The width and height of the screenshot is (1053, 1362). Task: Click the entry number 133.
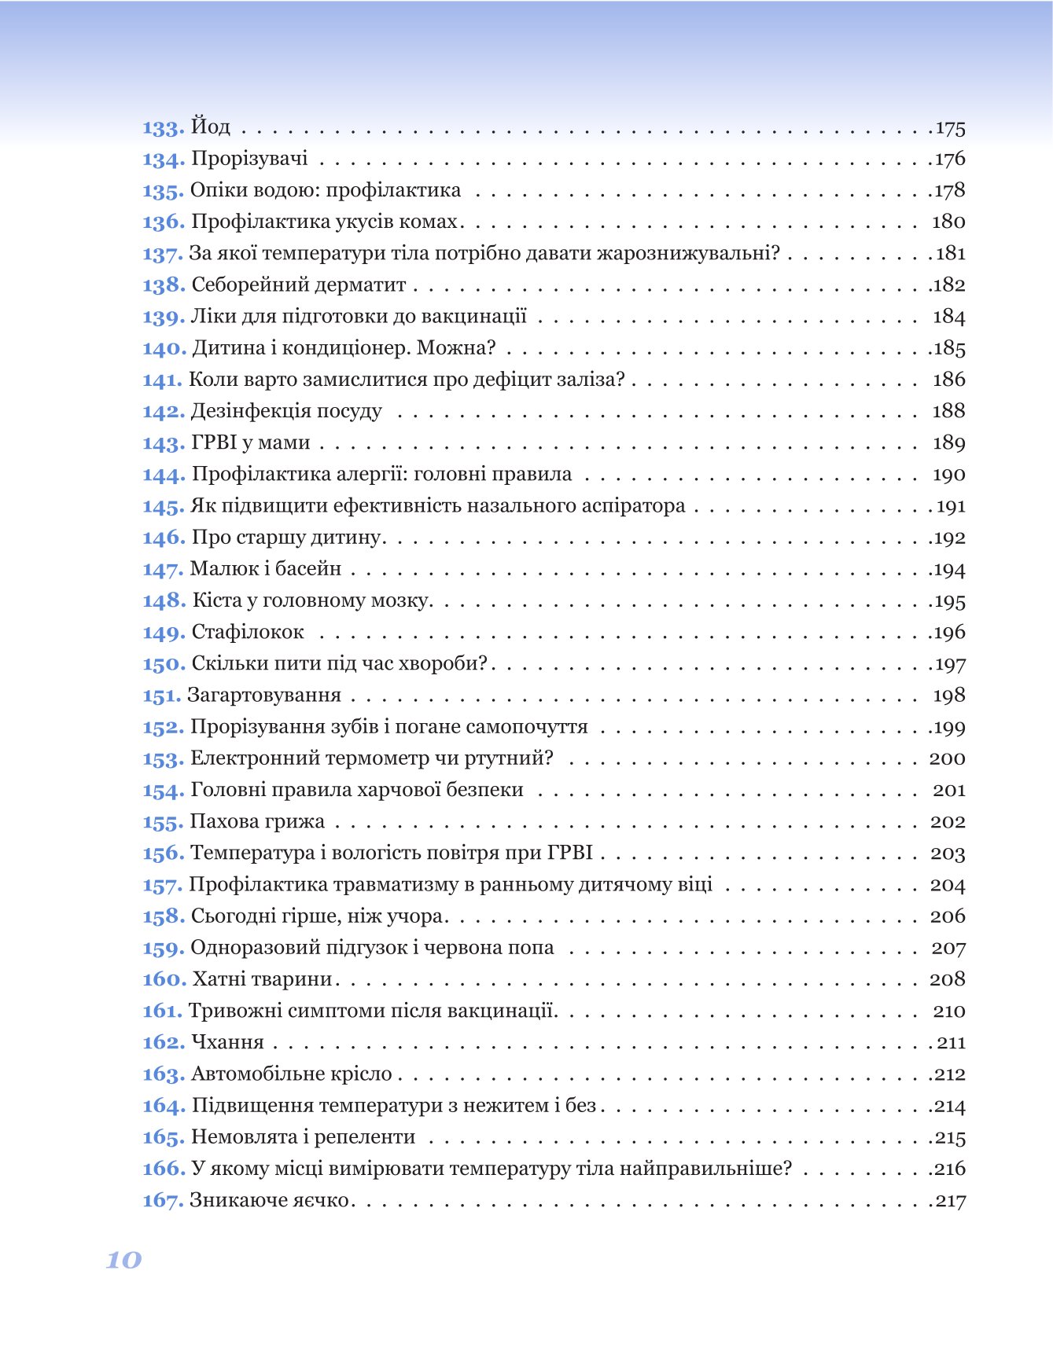pos(163,127)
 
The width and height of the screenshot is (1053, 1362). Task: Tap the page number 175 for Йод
pos(950,128)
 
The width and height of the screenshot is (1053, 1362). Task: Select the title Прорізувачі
pos(249,159)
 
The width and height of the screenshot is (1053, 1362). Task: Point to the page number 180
pos(948,222)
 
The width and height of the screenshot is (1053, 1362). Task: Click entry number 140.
pos(164,348)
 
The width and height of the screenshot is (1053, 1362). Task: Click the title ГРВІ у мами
pos(250,442)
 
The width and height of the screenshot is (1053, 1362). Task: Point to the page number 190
pos(948,475)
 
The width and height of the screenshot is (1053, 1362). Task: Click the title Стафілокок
pos(247,632)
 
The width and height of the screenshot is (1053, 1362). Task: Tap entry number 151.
pos(161,696)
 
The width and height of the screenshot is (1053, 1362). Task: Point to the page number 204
pos(948,885)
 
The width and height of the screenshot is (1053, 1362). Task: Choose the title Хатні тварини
pos(263,979)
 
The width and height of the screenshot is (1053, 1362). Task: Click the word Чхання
pos(227,1042)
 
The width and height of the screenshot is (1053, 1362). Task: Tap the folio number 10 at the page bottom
pos(123,1260)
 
